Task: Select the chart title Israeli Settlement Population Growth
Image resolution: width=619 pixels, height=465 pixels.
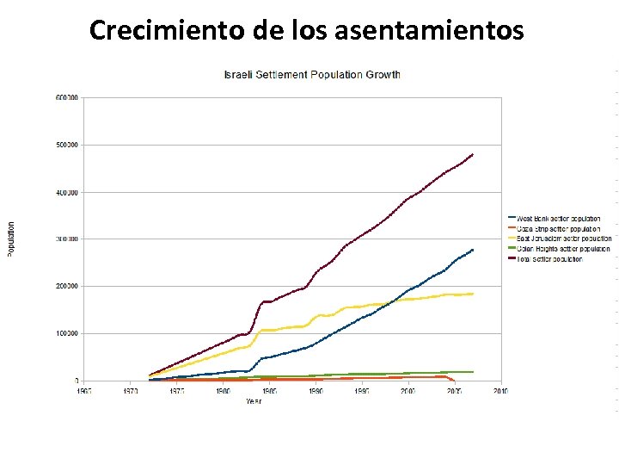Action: click(312, 75)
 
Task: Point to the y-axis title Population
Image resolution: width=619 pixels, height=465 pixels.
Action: click(10, 239)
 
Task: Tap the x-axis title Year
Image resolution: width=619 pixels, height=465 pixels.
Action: click(254, 401)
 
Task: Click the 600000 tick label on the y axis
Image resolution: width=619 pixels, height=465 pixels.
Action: click(67, 98)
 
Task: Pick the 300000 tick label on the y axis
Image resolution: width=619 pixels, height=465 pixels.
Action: click(67, 239)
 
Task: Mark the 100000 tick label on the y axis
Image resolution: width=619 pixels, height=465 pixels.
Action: click(67, 333)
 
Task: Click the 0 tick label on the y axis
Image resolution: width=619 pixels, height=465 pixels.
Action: click(77, 381)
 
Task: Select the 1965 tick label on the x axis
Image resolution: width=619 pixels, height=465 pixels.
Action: click(83, 391)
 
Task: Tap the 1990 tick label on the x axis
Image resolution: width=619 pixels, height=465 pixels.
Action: click(316, 391)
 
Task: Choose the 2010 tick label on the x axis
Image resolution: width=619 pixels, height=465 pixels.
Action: click(500, 391)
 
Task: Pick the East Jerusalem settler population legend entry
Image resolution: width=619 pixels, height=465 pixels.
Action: click(560, 239)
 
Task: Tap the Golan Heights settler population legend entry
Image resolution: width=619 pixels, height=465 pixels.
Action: click(560, 249)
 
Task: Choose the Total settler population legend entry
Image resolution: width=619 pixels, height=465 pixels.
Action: click(550, 258)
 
